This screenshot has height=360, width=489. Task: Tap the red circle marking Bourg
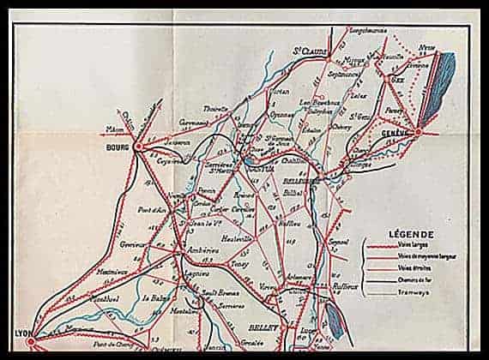click(137, 147)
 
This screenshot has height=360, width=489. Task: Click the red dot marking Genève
click(418, 132)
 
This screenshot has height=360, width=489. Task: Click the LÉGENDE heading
click(410, 233)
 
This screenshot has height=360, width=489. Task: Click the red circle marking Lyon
click(30, 343)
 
